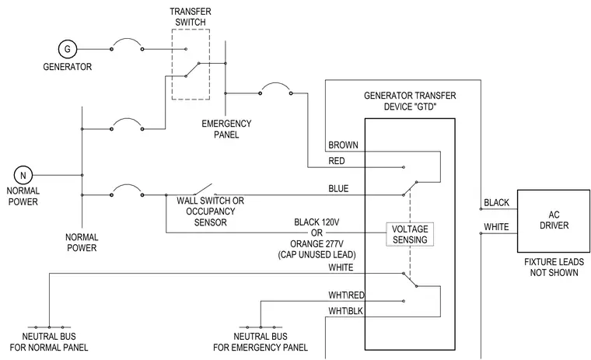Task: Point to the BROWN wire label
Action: pos(343,145)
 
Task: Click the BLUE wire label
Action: pos(338,188)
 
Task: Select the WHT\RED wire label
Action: pos(346,295)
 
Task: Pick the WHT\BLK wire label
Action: pos(345,311)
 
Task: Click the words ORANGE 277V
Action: pos(316,244)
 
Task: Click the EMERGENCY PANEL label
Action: pos(226,129)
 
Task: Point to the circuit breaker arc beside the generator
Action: pos(127,39)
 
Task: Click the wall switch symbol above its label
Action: pos(201,190)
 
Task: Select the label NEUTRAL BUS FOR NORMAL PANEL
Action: pos(49,342)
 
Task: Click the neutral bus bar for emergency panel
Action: pos(261,327)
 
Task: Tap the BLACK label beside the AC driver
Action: pos(496,203)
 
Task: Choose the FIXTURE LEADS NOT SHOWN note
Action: pos(554,267)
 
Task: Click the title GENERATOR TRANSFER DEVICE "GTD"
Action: pos(410,101)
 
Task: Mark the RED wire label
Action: pos(336,161)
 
